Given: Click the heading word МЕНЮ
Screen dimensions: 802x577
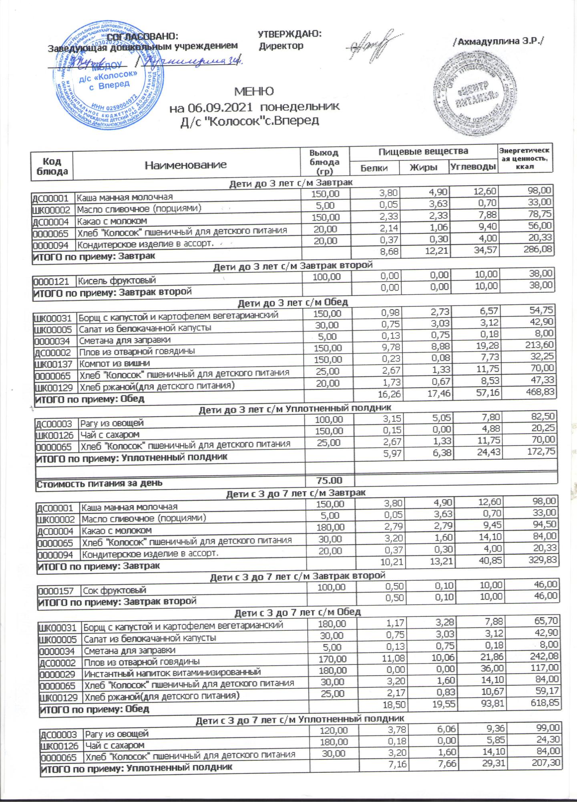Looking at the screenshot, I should pyautogui.click(x=254, y=91).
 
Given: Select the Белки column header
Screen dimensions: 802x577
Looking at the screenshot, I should pyautogui.click(x=374, y=168).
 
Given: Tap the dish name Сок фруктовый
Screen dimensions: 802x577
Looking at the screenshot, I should pyautogui.click(x=114, y=590).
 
